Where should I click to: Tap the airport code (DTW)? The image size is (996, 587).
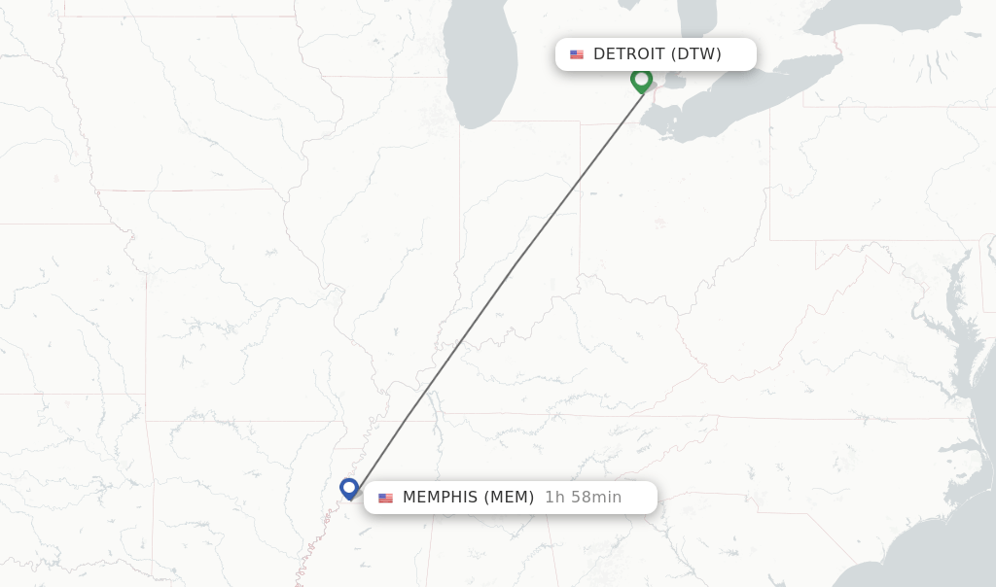click(x=695, y=54)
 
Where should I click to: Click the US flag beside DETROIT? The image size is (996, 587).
click(x=577, y=54)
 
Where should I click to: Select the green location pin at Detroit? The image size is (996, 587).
click(x=641, y=79)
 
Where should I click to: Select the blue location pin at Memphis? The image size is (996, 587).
click(x=349, y=487)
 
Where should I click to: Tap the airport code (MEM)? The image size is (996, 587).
click(x=509, y=498)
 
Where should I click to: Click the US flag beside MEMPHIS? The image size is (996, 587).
click(x=386, y=498)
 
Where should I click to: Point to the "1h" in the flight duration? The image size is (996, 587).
click(x=554, y=498)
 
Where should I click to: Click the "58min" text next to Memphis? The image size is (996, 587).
click(x=595, y=498)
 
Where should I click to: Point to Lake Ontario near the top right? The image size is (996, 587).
click(x=875, y=15)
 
